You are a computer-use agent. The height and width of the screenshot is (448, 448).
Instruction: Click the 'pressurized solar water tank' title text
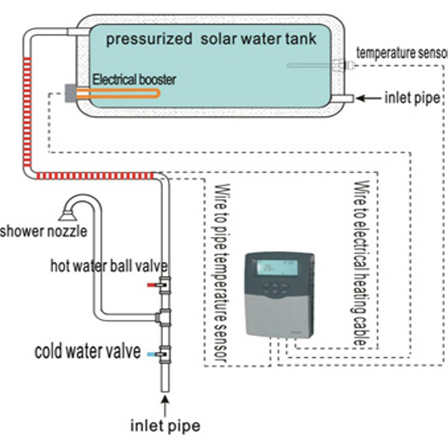point(211,38)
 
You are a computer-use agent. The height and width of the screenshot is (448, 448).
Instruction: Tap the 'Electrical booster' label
point(134,81)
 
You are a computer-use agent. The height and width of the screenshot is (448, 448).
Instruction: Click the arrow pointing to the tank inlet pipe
point(368,99)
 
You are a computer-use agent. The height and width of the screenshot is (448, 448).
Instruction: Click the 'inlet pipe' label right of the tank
point(412,99)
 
